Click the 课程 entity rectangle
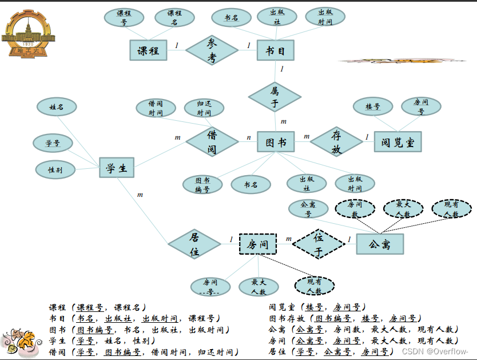148,50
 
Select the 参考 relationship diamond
212,50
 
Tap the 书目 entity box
275,50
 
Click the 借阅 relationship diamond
212,142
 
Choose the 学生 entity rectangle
117,168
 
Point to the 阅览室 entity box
397,142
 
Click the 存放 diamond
336,142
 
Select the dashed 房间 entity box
257,244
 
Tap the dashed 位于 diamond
319,244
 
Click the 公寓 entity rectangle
380,244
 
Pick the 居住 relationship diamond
194,244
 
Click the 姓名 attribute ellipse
56,107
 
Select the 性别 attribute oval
55,170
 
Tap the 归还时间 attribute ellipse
204,108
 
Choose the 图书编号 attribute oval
202,184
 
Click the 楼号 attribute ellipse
372,106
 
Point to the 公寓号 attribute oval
308,209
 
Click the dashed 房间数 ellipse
355,209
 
